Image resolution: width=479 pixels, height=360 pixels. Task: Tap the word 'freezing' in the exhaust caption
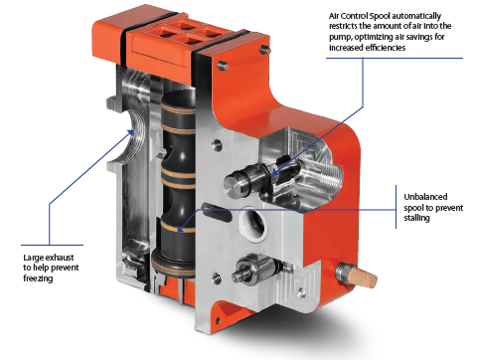coord(38,278)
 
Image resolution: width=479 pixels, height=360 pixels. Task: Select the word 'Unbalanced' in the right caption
coord(425,197)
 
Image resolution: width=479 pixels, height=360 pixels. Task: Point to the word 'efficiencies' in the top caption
coord(386,48)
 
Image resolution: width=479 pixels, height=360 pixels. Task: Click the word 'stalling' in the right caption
coord(416,218)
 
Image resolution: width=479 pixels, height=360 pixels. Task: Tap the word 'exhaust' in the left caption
coord(61,258)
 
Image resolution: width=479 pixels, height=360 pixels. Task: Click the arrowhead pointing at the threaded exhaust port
coord(130,133)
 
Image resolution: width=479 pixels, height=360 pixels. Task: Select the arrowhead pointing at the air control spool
coord(274,171)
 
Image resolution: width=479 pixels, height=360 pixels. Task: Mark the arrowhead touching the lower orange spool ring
coord(181,228)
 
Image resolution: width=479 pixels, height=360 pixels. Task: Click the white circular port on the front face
coord(252,225)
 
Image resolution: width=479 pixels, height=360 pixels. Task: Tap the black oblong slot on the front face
coord(217,213)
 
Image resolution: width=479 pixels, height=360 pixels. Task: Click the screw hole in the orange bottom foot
coord(218,320)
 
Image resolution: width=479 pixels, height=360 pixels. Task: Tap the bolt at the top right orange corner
coord(264,50)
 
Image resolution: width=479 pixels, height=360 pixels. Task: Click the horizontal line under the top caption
coord(395,59)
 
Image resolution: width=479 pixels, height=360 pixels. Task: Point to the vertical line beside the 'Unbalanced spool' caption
coord(397,207)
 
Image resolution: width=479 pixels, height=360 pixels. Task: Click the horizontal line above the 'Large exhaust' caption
coord(52,246)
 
